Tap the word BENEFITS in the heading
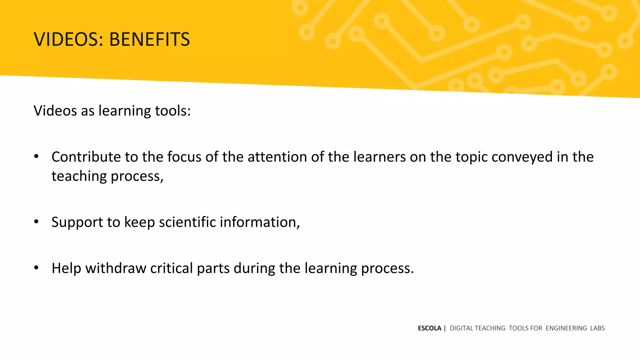point(149,39)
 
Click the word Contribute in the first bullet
point(86,157)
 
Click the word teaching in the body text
point(79,176)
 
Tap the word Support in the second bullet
point(77,222)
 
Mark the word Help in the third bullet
point(67,268)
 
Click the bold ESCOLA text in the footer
point(429,328)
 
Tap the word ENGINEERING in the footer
point(566,328)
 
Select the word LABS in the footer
point(597,328)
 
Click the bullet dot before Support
point(37,222)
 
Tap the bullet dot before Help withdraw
point(37,268)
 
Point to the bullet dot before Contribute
point(37,157)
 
